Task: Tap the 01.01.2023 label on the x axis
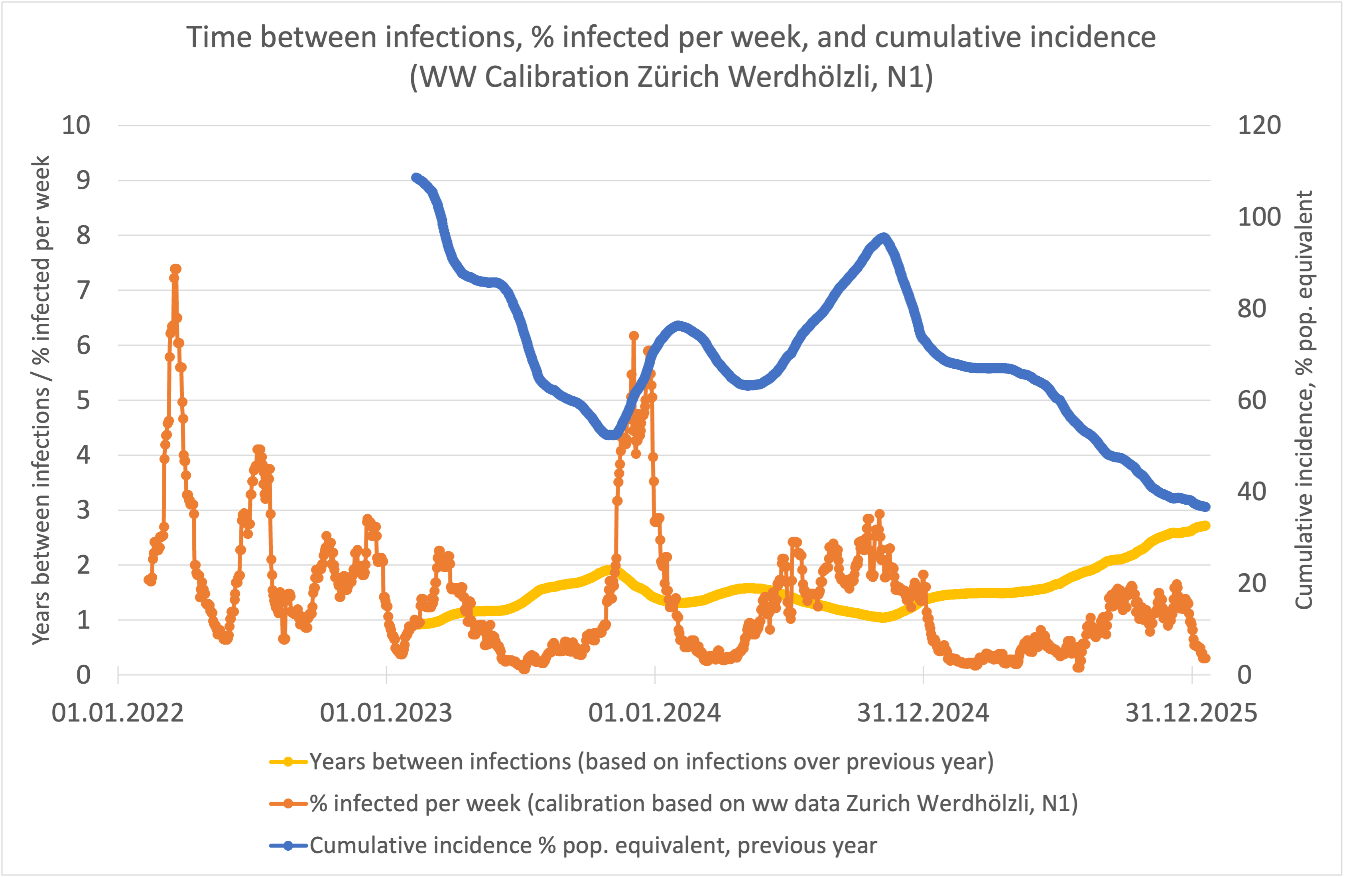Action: click(x=386, y=713)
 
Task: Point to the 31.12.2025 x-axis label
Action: click(x=1191, y=713)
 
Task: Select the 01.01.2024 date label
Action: click(x=654, y=713)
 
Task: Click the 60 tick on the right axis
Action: click(x=1252, y=400)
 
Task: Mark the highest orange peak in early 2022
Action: click(x=175, y=269)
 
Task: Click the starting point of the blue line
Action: click(x=416, y=177)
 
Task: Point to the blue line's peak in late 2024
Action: click(x=883, y=237)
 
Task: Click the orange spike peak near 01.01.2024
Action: click(x=634, y=336)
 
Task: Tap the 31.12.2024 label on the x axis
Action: click(x=923, y=713)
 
